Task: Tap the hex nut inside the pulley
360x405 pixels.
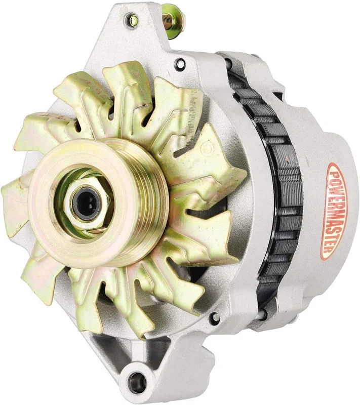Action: coord(87,204)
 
